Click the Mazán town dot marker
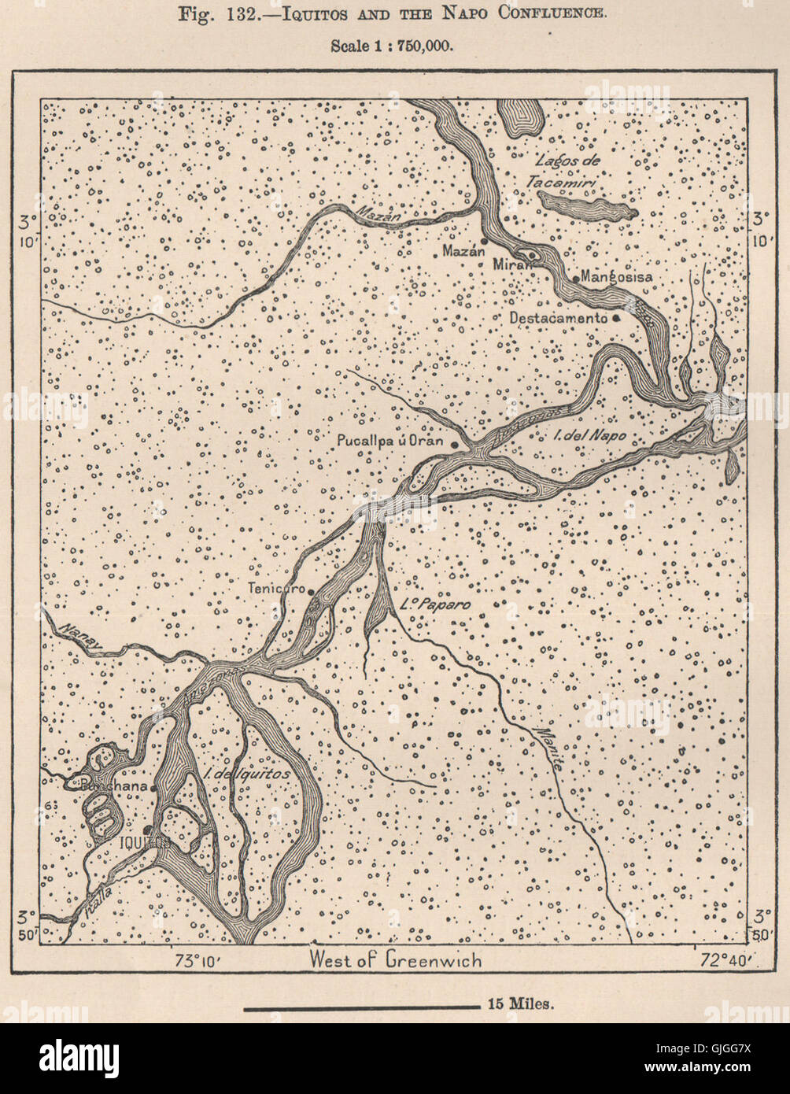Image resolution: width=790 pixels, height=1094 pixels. (485, 240)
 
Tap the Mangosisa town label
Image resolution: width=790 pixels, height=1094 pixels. (617, 277)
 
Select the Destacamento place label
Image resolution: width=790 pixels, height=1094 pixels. (558, 318)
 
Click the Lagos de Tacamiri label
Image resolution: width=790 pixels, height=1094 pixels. (567, 171)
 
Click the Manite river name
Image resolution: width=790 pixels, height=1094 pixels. (551, 748)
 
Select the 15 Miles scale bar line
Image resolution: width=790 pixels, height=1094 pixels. (361, 1007)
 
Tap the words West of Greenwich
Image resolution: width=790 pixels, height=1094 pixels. (395, 959)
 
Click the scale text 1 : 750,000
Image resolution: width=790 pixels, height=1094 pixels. (391, 46)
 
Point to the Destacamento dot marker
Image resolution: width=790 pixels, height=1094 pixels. (616, 318)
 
